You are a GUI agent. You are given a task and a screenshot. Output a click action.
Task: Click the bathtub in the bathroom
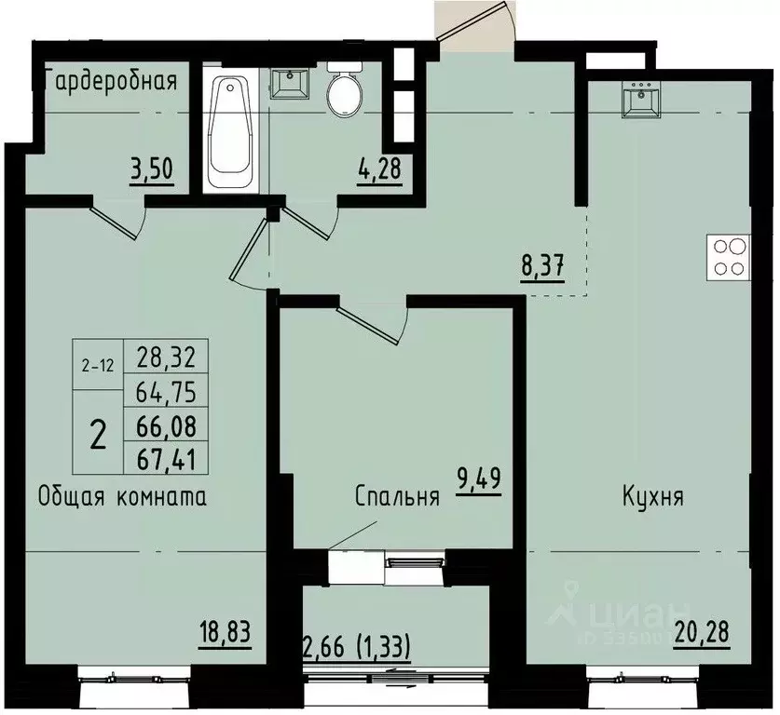(x=228, y=132)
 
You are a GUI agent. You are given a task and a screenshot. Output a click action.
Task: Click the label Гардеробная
(x=110, y=78)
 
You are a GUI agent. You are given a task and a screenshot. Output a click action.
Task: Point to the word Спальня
(x=396, y=496)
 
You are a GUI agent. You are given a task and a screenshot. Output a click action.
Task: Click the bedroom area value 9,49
(x=478, y=486)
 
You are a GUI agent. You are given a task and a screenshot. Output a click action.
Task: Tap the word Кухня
(x=653, y=496)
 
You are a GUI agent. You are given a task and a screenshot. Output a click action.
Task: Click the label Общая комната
(x=122, y=496)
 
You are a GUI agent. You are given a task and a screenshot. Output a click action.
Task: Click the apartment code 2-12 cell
(x=98, y=366)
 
